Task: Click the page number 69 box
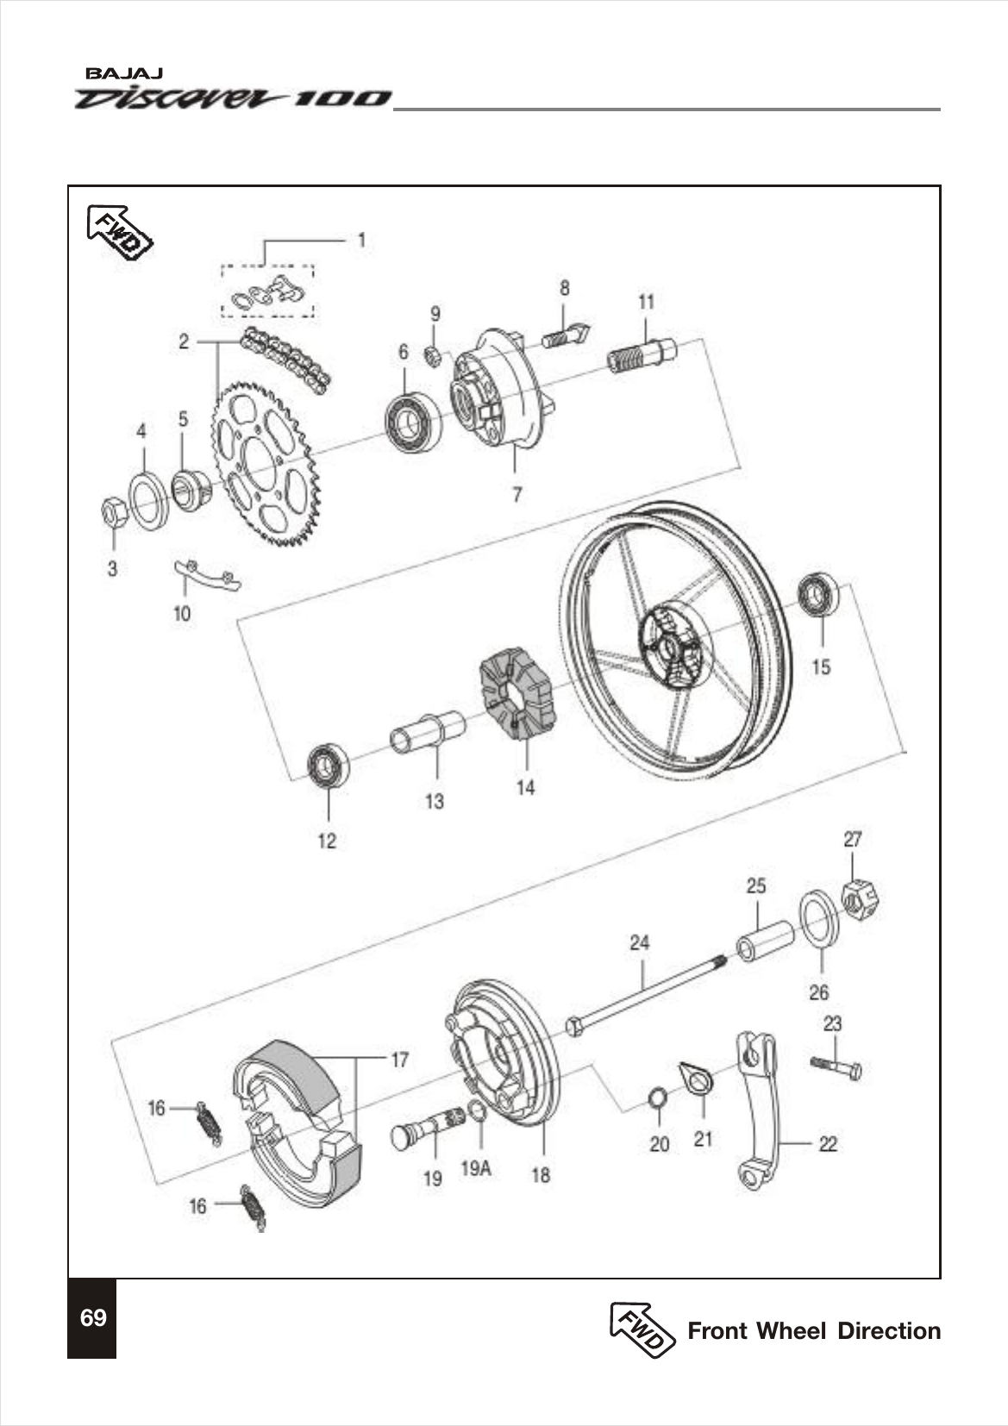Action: (92, 1318)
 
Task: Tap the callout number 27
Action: (852, 838)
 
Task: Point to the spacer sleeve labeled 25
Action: (764, 941)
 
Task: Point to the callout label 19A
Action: (475, 1168)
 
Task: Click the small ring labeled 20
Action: (658, 1099)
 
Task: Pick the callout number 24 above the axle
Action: (638, 942)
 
